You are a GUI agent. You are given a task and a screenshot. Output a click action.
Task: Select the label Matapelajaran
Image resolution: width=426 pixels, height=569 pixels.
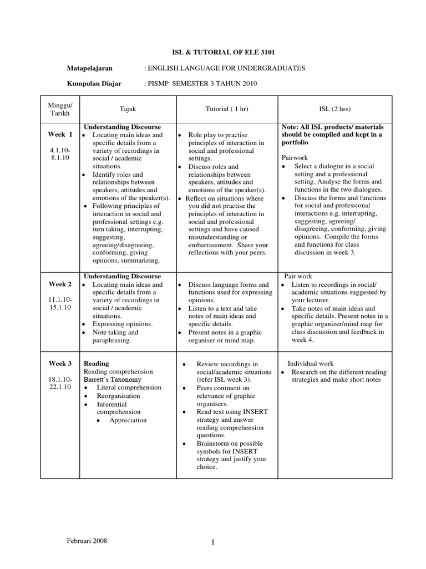(90, 68)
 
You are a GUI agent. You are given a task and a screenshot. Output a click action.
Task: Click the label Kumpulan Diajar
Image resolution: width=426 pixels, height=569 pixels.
(94, 84)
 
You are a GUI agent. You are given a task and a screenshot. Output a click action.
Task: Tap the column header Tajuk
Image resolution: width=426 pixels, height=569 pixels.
(128, 109)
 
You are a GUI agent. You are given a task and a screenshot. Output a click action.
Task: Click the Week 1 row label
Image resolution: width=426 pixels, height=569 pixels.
(60, 134)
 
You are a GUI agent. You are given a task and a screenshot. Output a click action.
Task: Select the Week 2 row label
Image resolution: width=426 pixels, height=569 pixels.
(60, 284)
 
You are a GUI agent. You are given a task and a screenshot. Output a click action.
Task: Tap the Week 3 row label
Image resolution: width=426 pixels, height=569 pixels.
(60, 364)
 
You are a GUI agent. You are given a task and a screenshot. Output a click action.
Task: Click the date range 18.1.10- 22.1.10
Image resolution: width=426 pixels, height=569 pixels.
(60, 383)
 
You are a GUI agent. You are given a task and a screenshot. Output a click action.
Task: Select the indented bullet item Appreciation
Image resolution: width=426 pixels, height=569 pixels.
(128, 420)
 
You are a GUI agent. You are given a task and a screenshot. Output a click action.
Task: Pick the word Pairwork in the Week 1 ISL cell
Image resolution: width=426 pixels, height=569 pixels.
(295, 158)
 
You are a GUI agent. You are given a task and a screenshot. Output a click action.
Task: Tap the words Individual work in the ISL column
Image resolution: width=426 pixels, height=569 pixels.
(311, 364)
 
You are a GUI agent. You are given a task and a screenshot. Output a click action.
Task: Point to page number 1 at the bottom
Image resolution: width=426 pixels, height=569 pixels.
(212, 544)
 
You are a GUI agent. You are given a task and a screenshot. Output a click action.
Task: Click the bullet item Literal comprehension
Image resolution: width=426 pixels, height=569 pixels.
(129, 387)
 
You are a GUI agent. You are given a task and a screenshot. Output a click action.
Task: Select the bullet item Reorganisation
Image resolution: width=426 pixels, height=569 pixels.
(118, 396)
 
